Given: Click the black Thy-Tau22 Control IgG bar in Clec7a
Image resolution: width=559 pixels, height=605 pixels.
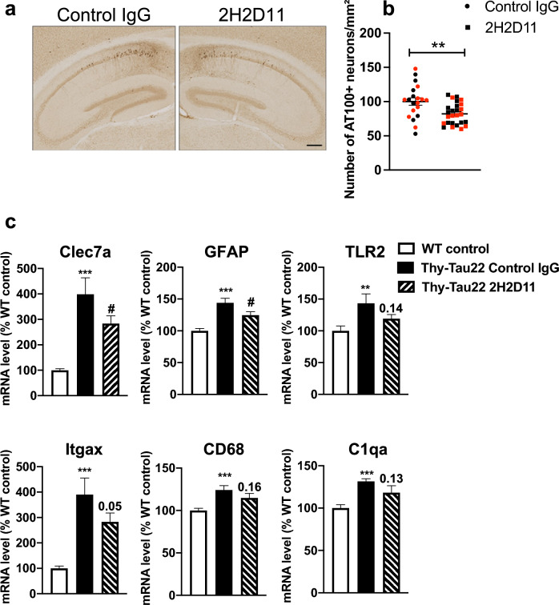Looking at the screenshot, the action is [86, 345].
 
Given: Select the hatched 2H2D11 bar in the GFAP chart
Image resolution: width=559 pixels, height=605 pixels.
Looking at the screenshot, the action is [251, 355].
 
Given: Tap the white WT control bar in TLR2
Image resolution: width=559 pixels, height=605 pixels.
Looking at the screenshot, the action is [340, 363].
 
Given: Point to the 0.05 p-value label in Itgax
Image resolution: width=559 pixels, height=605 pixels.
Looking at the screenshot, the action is [110, 506].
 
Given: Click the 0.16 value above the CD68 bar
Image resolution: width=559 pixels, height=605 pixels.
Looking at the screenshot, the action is [249, 487].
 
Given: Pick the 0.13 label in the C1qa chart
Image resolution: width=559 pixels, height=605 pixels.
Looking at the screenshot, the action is [392, 479].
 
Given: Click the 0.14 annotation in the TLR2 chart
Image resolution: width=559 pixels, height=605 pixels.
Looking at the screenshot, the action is [391, 308].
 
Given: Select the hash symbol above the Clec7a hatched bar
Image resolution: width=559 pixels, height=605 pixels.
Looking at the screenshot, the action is [111, 308].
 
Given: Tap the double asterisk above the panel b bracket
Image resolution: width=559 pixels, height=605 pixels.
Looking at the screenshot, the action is [438, 45].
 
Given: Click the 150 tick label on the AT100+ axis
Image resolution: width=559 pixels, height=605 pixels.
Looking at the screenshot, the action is [370, 67].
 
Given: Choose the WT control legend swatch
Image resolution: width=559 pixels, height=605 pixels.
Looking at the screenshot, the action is [406, 249].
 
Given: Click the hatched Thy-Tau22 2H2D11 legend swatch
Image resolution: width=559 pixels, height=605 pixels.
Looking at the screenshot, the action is [406, 287].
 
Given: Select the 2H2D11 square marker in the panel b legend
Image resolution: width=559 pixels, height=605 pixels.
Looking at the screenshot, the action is [469, 27].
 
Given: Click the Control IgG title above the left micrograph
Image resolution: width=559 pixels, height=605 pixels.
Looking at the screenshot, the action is [104, 15].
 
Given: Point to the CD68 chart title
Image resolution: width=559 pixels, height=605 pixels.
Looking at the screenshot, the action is [224, 450].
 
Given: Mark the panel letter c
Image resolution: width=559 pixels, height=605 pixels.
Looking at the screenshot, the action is [10, 222].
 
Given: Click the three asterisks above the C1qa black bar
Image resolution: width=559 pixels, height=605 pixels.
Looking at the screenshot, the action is [366, 474].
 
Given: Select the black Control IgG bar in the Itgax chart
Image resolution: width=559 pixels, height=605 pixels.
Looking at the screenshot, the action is [85, 544].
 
